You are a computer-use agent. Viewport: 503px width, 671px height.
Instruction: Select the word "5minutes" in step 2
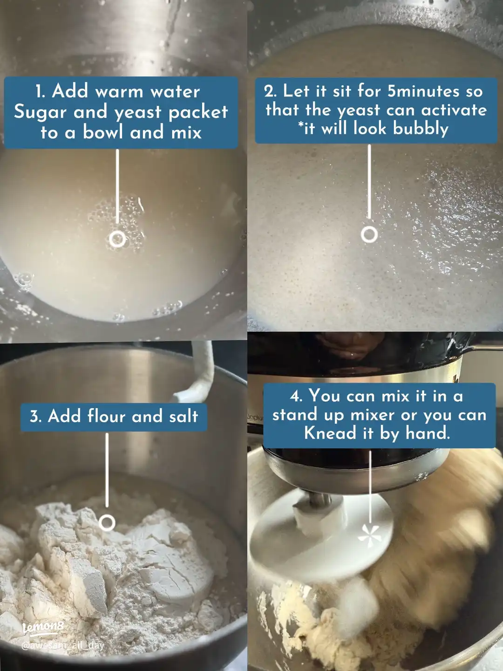[x=424, y=91]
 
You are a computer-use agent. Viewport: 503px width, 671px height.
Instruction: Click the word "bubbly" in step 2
[x=421, y=128]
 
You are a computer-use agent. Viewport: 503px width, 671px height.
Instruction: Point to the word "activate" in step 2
[x=454, y=110]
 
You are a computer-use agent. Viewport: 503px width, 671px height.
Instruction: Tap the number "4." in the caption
[x=296, y=396]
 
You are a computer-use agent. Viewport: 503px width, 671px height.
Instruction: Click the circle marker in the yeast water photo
[x=117, y=239]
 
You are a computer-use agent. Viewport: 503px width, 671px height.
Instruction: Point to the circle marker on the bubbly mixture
[x=369, y=234]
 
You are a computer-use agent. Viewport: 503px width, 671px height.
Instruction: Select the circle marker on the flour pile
[x=107, y=523]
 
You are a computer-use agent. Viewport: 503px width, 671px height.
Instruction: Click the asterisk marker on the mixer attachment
[x=370, y=535]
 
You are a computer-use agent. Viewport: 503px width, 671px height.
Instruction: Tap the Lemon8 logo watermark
[x=43, y=627]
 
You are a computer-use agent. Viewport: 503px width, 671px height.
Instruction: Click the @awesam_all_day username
[x=63, y=645]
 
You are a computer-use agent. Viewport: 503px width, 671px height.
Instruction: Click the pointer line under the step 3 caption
[x=107, y=471]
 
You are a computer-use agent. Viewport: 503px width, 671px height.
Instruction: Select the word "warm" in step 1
[x=119, y=91]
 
